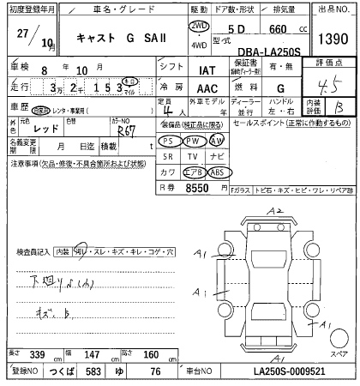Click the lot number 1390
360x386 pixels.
333,39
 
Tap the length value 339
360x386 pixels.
37,353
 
